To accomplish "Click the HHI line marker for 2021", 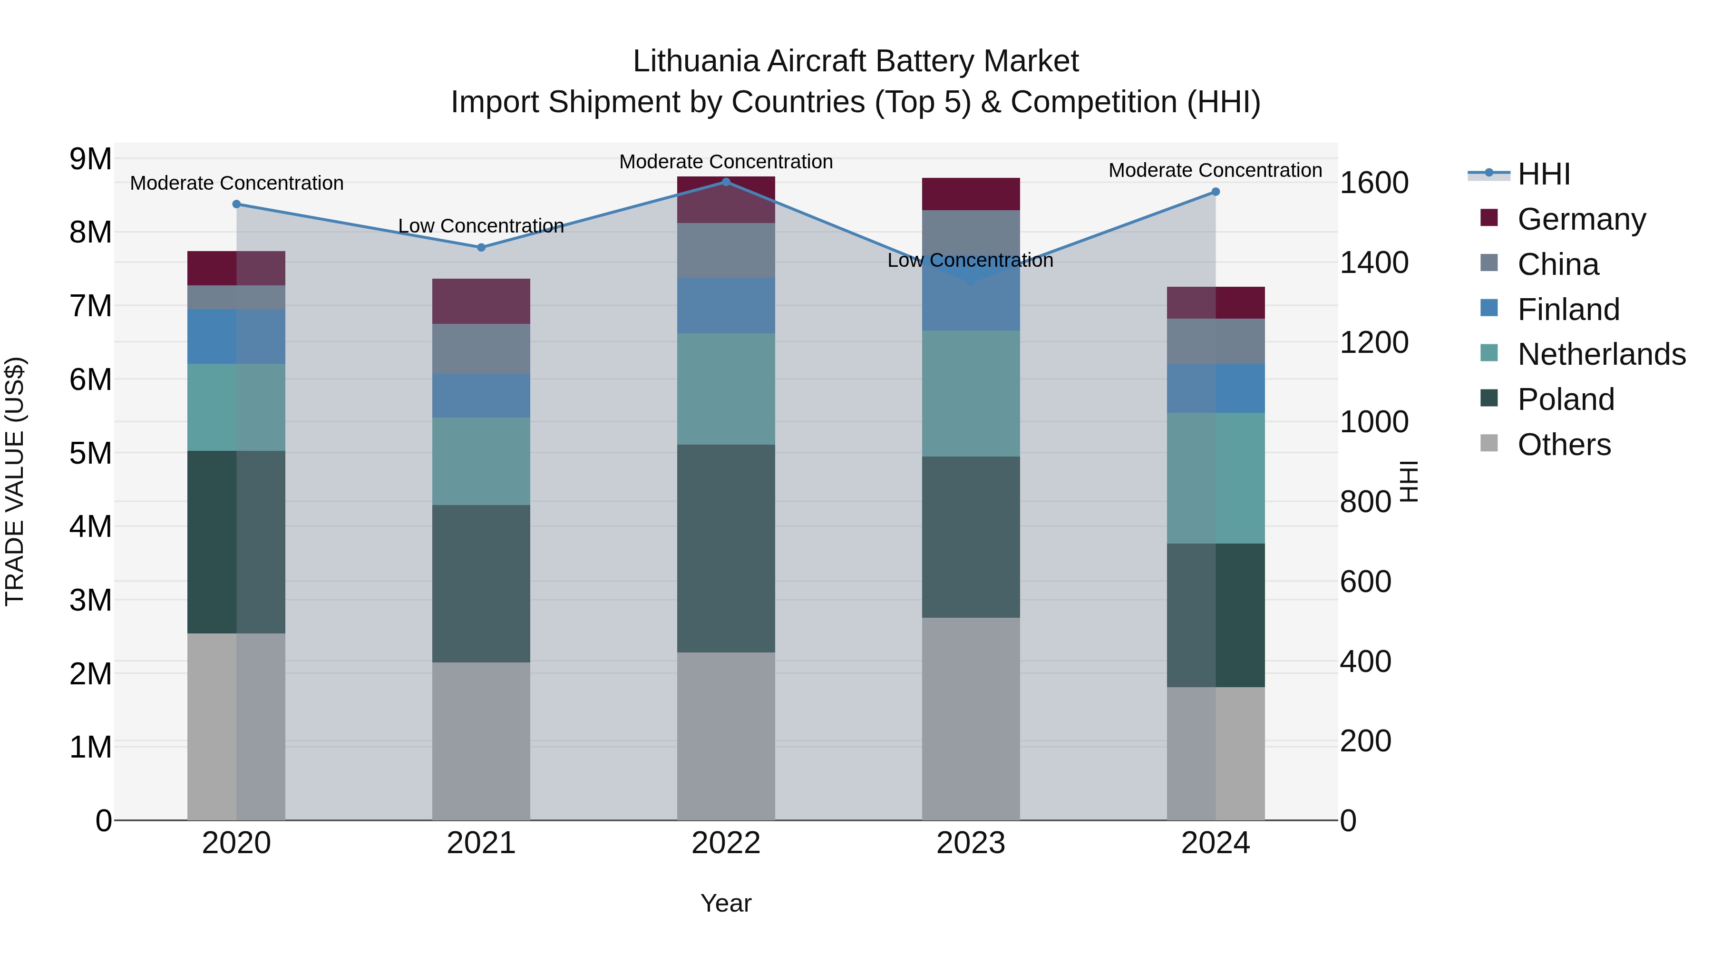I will tap(481, 247).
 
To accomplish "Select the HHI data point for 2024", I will tap(1216, 191).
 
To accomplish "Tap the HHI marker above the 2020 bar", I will tap(237, 204).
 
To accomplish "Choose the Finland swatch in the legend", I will tap(1489, 308).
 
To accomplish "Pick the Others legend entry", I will tap(1564, 444).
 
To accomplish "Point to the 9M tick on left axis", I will tap(90, 159).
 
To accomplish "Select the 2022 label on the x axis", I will tap(726, 843).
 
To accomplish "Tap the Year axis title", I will tap(726, 903).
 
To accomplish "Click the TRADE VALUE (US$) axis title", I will tap(15, 481).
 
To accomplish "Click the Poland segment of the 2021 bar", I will tap(481, 583).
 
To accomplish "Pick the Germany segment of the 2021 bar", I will tap(481, 301).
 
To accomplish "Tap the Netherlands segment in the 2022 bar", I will tap(726, 389).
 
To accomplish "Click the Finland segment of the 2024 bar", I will tap(1216, 388).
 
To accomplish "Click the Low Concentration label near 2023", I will tap(970, 261).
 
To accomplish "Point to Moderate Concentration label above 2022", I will tap(726, 162).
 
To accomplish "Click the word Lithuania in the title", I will tap(695, 61).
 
